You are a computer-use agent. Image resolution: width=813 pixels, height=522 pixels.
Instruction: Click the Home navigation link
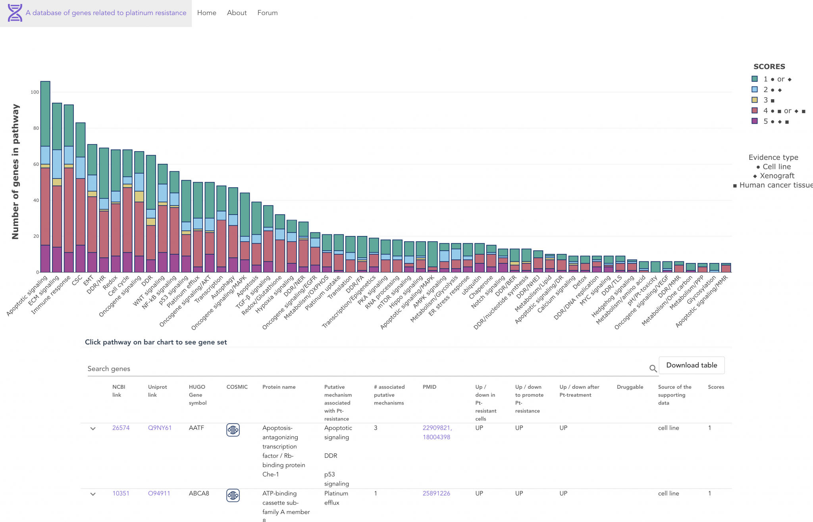[206, 13]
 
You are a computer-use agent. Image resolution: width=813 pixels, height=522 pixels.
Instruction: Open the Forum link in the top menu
[267, 13]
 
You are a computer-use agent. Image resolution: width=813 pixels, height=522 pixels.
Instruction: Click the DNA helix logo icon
[15, 13]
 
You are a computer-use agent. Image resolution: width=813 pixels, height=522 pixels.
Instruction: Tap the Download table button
[692, 365]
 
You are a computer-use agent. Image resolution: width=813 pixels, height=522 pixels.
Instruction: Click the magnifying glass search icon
[653, 368]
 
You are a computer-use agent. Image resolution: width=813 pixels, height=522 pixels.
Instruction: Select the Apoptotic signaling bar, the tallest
[45, 178]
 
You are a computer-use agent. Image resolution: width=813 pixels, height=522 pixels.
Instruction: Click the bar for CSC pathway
[81, 198]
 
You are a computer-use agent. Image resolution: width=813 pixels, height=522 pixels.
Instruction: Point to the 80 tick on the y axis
[36, 128]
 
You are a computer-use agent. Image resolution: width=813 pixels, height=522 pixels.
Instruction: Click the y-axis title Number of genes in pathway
[15, 171]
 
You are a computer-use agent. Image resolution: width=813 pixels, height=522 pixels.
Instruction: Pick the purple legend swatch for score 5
[755, 121]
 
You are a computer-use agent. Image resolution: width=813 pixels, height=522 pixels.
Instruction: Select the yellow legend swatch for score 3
[755, 100]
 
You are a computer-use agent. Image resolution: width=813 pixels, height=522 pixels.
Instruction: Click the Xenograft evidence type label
[777, 176]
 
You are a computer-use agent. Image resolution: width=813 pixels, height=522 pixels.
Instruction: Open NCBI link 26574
[121, 428]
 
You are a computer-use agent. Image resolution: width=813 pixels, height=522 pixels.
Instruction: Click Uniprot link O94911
[159, 493]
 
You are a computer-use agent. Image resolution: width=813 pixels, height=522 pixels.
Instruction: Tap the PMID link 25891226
[436, 493]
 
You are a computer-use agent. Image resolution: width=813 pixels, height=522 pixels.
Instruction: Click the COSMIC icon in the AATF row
[233, 430]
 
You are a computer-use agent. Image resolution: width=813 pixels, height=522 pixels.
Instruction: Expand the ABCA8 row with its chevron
[93, 494]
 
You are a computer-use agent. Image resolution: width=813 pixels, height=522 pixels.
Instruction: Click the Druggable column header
[630, 387]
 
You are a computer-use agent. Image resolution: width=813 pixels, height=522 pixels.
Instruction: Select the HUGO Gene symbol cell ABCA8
[199, 493]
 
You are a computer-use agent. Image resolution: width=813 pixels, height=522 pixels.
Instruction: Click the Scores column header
[716, 387]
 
